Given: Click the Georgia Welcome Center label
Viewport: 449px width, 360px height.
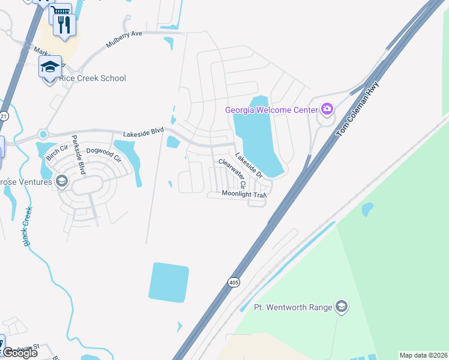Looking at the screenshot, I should click(273, 110).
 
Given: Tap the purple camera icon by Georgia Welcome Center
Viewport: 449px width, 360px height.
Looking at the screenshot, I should click(327, 109).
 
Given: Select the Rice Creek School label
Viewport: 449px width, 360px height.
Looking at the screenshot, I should click(92, 78).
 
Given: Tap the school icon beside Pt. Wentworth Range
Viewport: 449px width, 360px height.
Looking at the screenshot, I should click(342, 307).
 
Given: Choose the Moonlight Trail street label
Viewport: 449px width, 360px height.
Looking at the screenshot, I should click(243, 194).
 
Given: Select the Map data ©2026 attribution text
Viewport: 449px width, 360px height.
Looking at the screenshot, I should click(423, 355).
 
